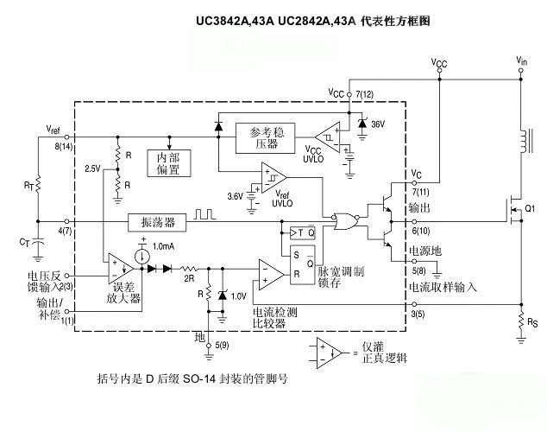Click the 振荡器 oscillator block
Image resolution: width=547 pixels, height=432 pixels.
pyautogui.click(x=157, y=223)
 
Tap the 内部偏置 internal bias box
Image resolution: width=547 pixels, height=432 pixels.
pyautogui.click(x=168, y=164)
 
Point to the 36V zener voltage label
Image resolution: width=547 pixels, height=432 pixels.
pyautogui.click(x=377, y=124)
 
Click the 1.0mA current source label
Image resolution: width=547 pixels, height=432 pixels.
pyautogui.click(x=164, y=247)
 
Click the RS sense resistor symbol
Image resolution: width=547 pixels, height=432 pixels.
pyautogui.click(x=520, y=325)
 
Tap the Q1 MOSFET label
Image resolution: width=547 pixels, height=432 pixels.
pyautogui.click(x=529, y=208)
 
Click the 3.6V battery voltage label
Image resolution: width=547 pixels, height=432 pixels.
pyautogui.click(x=233, y=197)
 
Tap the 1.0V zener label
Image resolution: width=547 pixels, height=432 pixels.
pyautogui.click(x=237, y=295)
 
